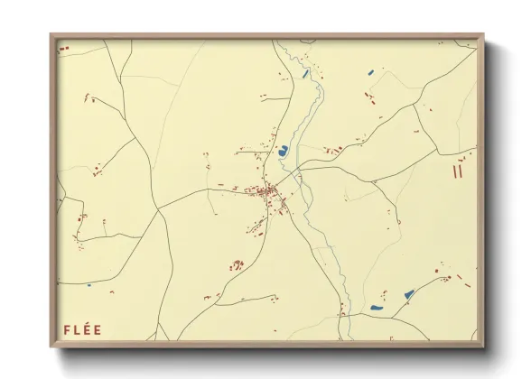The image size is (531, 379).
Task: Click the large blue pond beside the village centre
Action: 283,151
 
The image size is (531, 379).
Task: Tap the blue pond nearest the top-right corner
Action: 370,71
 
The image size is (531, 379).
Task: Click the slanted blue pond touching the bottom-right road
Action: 408,294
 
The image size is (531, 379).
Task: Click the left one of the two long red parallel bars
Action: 456,168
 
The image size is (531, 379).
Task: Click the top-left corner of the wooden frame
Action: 51,36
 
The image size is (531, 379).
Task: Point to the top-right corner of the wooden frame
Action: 482,36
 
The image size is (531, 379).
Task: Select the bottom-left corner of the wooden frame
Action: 51,346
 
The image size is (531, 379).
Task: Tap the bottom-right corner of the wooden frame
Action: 482,346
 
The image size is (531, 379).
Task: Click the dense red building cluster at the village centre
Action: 268,192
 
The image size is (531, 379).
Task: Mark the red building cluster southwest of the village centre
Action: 238,264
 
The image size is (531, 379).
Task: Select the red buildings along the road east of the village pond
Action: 334,150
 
